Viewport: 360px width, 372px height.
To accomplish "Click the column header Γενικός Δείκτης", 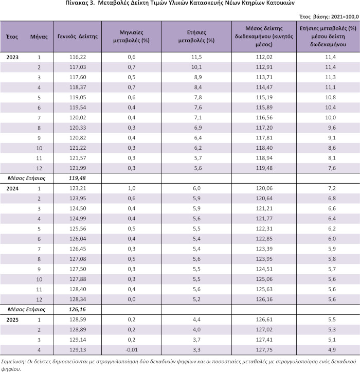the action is (x=78, y=37).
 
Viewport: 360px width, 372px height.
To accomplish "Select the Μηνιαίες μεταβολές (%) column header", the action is (x=131, y=37).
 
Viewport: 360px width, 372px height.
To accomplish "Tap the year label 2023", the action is (x=12, y=58).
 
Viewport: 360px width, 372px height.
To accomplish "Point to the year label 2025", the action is (x=12, y=320).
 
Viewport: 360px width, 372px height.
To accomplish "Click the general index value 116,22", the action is (x=78, y=57).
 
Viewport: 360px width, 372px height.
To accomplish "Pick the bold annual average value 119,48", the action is (x=77, y=178).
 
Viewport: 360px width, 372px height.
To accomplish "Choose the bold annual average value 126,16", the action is (x=77, y=309).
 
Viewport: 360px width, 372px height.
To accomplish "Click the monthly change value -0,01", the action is (x=131, y=350).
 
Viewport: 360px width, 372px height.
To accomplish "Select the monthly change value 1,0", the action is (x=131, y=188).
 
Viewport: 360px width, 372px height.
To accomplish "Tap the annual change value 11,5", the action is (x=196, y=57).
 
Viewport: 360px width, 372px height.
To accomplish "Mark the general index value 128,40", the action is (x=78, y=289).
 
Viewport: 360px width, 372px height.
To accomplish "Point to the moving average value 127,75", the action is (x=264, y=350).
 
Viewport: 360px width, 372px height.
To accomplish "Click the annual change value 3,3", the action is (x=196, y=350).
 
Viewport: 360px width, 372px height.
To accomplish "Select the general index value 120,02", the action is (x=78, y=118).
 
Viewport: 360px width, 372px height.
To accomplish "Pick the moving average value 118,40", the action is (x=264, y=148).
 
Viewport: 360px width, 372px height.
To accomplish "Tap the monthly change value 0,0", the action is (x=131, y=299).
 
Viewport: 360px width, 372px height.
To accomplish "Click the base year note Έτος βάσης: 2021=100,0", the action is (x=329, y=16).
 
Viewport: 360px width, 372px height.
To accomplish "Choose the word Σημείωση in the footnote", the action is (x=13, y=362).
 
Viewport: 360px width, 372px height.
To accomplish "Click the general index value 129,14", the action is (x=78, y=340).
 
